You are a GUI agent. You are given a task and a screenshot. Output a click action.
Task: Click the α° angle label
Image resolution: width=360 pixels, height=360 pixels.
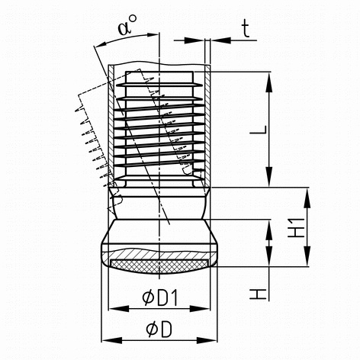point(127,25)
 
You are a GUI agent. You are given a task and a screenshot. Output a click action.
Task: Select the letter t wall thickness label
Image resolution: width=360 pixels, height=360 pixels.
point(246,29)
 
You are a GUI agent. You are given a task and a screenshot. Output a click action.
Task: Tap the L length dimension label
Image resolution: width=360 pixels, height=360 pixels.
point(259,130)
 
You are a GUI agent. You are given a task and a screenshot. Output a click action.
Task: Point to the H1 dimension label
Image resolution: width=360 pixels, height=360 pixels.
point(296,227)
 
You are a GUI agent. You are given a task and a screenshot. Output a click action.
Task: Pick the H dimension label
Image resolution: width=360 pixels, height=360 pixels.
point(258,294)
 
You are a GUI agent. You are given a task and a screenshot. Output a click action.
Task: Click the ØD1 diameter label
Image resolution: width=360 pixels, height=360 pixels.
point(159,297)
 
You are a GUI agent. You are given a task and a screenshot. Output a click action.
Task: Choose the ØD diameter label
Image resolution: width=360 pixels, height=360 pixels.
point(159,329)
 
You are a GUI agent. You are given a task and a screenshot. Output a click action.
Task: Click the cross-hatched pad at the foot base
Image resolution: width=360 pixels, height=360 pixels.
point(159,265)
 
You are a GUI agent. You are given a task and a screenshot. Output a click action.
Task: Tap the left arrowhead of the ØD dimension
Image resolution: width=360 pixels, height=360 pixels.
point(112,340)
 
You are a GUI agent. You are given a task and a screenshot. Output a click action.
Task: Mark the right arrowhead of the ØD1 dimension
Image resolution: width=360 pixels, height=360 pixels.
point(200,309)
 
